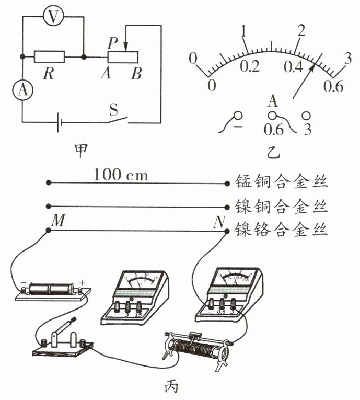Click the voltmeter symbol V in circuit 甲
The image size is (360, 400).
[52, 17]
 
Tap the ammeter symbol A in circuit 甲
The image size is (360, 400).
[22, 90]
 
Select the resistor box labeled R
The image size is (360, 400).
[49, 56]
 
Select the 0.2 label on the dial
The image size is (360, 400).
[249, 67]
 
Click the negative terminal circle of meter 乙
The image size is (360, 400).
[238, 116]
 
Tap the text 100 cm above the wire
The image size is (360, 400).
[121, 175]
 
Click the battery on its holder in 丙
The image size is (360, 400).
[52, 289]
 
